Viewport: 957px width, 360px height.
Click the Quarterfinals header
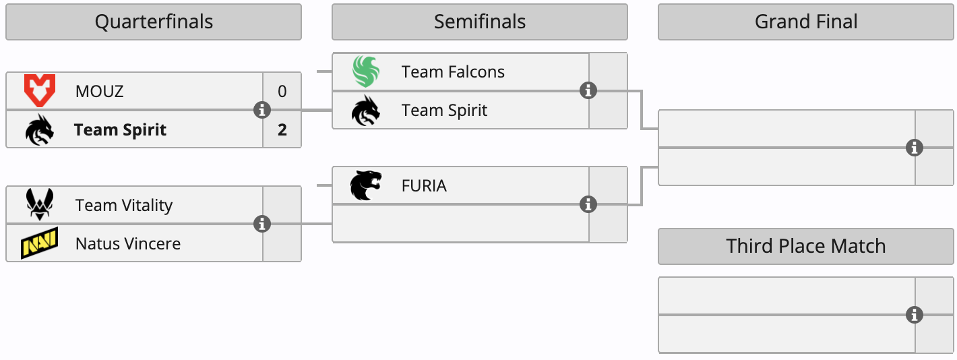pos(154,22)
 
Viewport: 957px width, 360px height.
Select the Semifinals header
pos(479,22)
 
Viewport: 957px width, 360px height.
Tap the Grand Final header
pos(805,22)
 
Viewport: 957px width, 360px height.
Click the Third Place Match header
pos(805,246)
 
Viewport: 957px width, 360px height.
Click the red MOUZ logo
pos(39,91)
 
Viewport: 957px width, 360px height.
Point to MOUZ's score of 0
pos(282,91)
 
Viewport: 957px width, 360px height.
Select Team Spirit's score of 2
pos(282,129)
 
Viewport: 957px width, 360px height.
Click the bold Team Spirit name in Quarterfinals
pos(120,129)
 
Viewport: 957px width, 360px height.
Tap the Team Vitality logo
pos(39,205)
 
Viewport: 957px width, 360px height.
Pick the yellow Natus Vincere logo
pos(39,243)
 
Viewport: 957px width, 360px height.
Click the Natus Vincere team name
pos(128,243)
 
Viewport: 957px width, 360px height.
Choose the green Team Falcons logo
pos(366,71)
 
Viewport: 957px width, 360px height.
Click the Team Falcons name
pos(453,71)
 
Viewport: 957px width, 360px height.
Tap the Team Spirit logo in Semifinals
pos(366,111)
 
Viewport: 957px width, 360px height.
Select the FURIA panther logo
pos(366,185)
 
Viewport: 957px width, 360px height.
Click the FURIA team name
pos(424,185)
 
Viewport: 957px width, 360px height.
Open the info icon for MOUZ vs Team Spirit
pos(262,110)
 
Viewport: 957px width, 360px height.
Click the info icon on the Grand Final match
pos(915,148)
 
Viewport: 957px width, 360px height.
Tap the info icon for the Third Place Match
pos(915,315)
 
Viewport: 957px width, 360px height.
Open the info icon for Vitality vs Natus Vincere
pos(262,224)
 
